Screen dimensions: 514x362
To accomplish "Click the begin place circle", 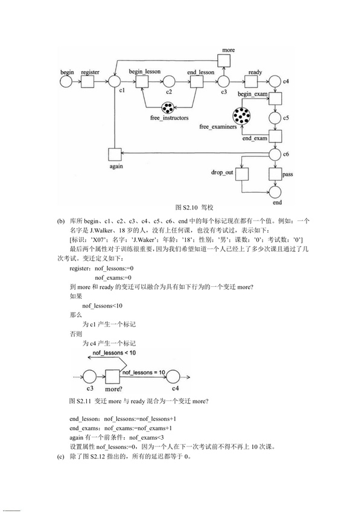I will pyautogui.click(x=68, y=81).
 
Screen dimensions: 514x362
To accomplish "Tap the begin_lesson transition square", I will pyautogui.click(x=142, y=81).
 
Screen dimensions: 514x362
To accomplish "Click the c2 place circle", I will pyautogui.click(x=169, y=81).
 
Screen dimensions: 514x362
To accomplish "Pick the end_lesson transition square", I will pyautogui.click(x=197, y=81).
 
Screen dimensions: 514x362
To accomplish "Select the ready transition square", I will pyautogui.click(x=251, y=81).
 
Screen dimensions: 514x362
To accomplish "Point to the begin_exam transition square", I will pyautogui.click(x=275, y=98).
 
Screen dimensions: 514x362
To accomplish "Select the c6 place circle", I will pyautogui.click(x=275, y=153).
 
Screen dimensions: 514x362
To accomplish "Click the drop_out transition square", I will pyautogui.click(x=242, y=175).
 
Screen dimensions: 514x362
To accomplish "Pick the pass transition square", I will pyautogui.click(x=275, y=175).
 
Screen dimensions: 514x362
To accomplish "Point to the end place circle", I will pyautogui.click(x=275, y=193).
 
